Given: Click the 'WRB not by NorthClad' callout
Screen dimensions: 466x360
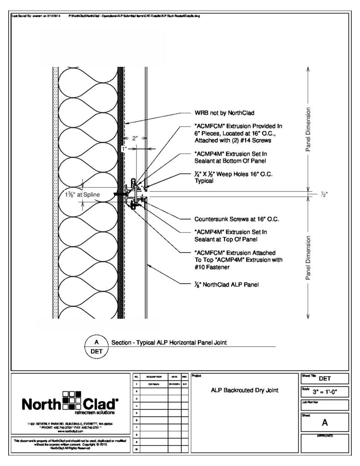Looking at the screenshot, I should (224, 112).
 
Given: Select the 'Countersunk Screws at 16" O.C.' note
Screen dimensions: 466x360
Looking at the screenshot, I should (236, 219).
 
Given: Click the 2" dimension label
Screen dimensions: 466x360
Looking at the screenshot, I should (135, 139).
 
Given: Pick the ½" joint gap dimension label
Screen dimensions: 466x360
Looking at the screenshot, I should (324, 194).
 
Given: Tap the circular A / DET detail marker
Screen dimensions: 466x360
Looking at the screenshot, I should (96, 346).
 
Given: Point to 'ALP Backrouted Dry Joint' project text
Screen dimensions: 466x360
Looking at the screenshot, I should (245, 390).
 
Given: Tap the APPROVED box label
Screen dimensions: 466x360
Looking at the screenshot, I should (325, 436).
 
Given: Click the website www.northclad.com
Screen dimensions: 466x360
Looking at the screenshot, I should (69, 434).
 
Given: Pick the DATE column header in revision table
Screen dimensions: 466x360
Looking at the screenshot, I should (175, 377).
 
